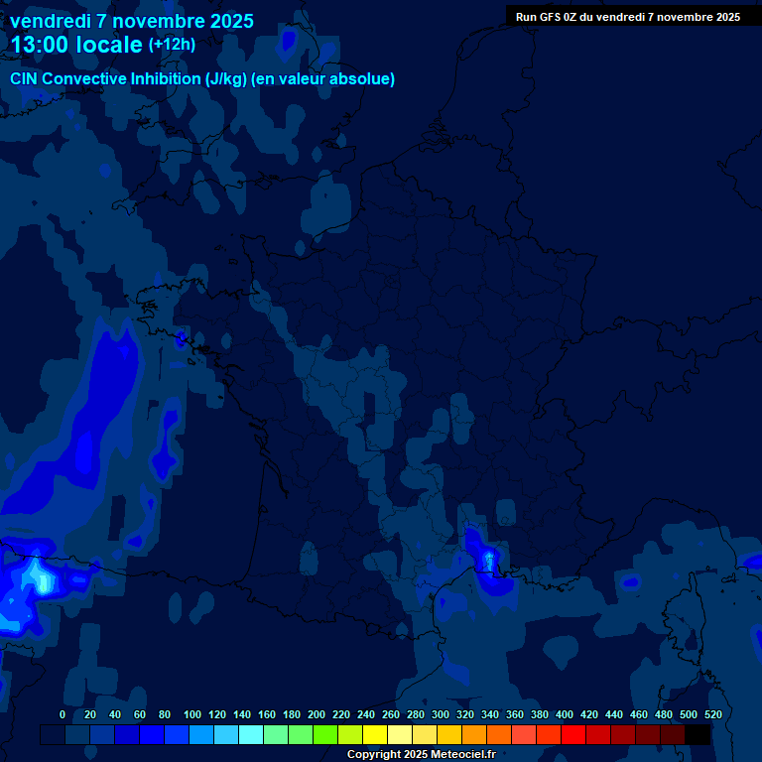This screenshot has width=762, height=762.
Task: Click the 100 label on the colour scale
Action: [192, 714]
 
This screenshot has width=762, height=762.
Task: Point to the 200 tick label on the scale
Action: [317, 714]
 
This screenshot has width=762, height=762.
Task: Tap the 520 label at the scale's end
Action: [712, 714]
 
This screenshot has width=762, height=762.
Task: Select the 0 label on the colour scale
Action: [63, 714]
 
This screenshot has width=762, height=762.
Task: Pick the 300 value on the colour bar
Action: [441, 714]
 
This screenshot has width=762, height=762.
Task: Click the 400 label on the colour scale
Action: [565, 714]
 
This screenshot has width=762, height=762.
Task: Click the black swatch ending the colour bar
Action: [698, 734]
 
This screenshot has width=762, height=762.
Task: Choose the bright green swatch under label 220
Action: [325, 734]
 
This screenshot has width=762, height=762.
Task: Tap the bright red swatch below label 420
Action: [573, 734]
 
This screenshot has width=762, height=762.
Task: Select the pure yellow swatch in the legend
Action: [375, 734]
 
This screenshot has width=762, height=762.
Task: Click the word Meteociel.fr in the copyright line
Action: [462, 755]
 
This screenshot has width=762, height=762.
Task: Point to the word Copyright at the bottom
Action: [373, 755]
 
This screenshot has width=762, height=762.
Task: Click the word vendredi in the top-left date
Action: [52, 21]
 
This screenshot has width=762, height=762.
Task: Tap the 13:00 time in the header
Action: [39, 45]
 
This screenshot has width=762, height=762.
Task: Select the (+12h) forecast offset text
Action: [172, 45]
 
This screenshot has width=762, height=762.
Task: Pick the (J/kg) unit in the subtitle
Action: [228, 79]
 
